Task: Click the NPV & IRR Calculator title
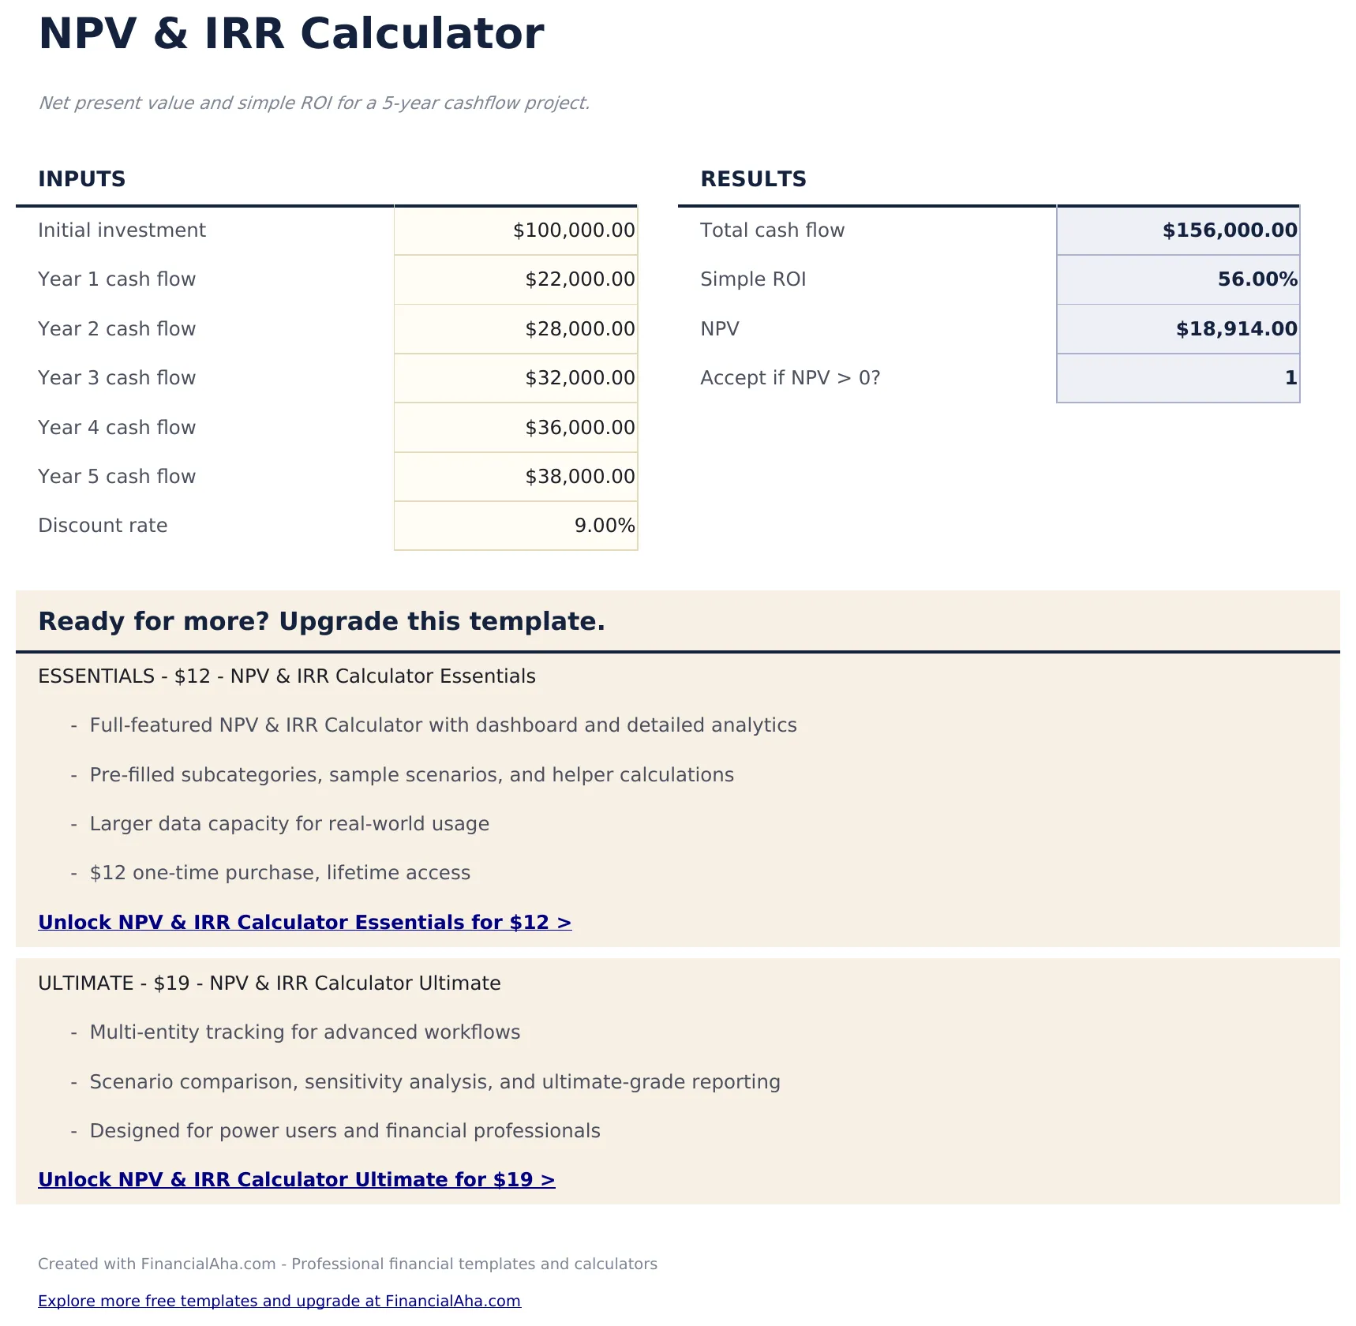(290, 35)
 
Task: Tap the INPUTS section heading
(82, 179)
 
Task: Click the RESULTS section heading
(753, 179)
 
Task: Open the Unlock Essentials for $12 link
(305, 923)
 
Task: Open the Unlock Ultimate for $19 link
(297, 1180)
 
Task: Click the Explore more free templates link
(279, 1301)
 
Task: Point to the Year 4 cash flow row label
(117, 428)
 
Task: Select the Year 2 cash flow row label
(117, 329)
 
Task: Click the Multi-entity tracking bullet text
(305, 1032)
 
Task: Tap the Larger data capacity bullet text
(289, 824)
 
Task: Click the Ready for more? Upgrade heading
(321, 622)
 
